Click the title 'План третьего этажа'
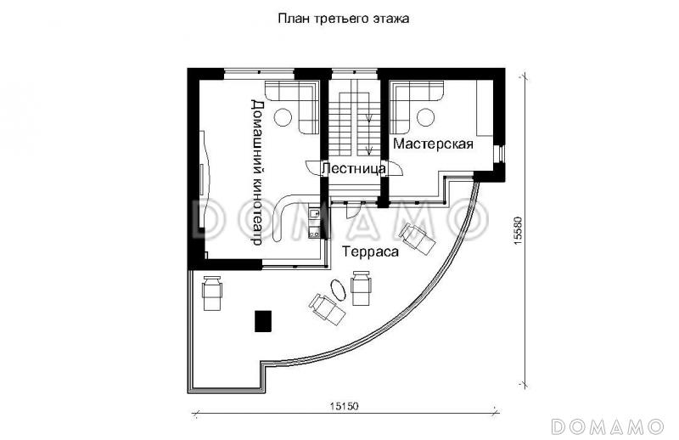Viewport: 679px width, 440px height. coord(343,18)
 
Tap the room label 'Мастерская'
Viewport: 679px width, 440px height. coord(432,144)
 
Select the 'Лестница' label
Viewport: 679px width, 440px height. coord(353,169)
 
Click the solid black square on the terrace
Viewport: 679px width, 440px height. coord(262,320)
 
